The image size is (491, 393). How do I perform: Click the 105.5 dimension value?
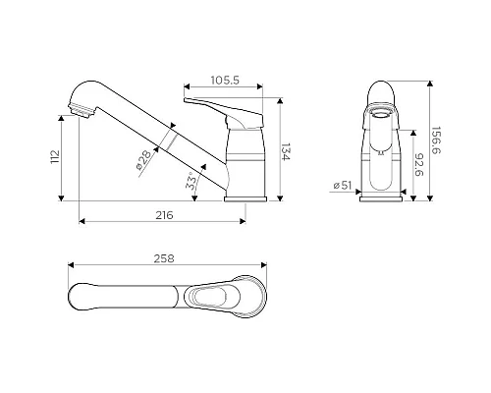click(225, 80)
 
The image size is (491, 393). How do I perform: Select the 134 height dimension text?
click(286, 152)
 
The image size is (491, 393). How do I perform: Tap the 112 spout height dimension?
click(55, 157)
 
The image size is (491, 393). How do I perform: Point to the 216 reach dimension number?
click(164, 215)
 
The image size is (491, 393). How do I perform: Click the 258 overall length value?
click(164, 258)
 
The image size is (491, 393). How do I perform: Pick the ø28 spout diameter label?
click(144, 160)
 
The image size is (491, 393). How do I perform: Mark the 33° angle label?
click(191, 181)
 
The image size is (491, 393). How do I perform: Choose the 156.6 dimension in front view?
click(436, 140)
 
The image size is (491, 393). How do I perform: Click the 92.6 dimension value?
click(419, 165)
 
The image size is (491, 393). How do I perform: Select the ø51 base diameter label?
click(342, 186)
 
